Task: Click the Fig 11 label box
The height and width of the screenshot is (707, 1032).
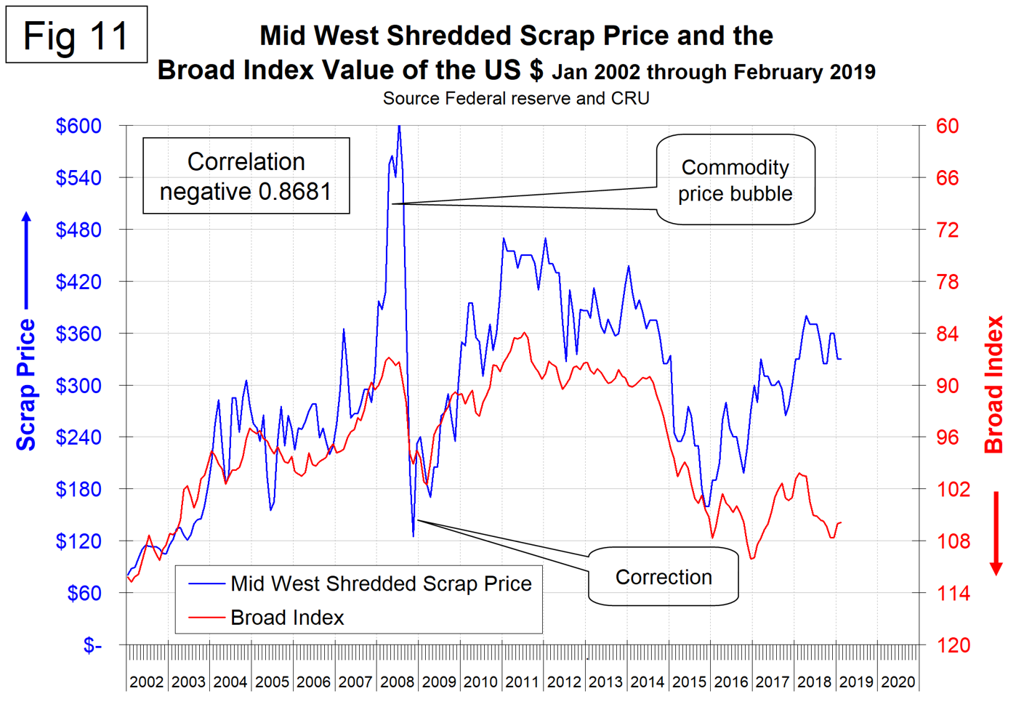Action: [x=76, y=35]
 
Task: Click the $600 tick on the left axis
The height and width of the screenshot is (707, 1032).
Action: [x=78, y=126]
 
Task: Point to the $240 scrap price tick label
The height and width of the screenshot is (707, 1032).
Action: [x=78, y=437]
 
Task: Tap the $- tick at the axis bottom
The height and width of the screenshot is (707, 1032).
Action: [x=92, y=645]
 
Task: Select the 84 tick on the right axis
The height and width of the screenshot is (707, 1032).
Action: [x=948, y=334]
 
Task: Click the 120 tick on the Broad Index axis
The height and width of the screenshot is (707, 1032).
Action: [x=953, y=645]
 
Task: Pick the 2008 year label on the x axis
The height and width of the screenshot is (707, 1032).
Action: [x=398, y=682]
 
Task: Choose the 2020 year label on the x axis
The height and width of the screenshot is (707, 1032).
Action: [x=898, y=682]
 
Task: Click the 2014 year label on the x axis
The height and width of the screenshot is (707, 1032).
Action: [x=648, y=682]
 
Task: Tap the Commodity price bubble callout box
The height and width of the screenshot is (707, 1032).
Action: [x=735, y=180]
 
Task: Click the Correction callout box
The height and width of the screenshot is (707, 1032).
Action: [x=664, y=577]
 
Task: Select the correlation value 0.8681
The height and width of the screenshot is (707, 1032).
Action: [x=295, y=192]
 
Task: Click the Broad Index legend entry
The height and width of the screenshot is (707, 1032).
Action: [x=287, y=618]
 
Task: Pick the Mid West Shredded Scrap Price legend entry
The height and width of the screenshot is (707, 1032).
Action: [x=381, y=583]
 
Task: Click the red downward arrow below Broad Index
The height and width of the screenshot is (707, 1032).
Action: [x=996, y=533]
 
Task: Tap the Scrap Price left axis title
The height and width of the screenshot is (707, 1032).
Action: [x=27, y=385]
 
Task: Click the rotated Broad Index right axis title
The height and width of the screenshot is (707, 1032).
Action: [x=994, y=385]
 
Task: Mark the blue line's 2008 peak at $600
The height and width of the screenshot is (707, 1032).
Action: [x=399, y=127]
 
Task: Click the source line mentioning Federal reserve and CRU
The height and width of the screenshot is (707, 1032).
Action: [x=516, y=98]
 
